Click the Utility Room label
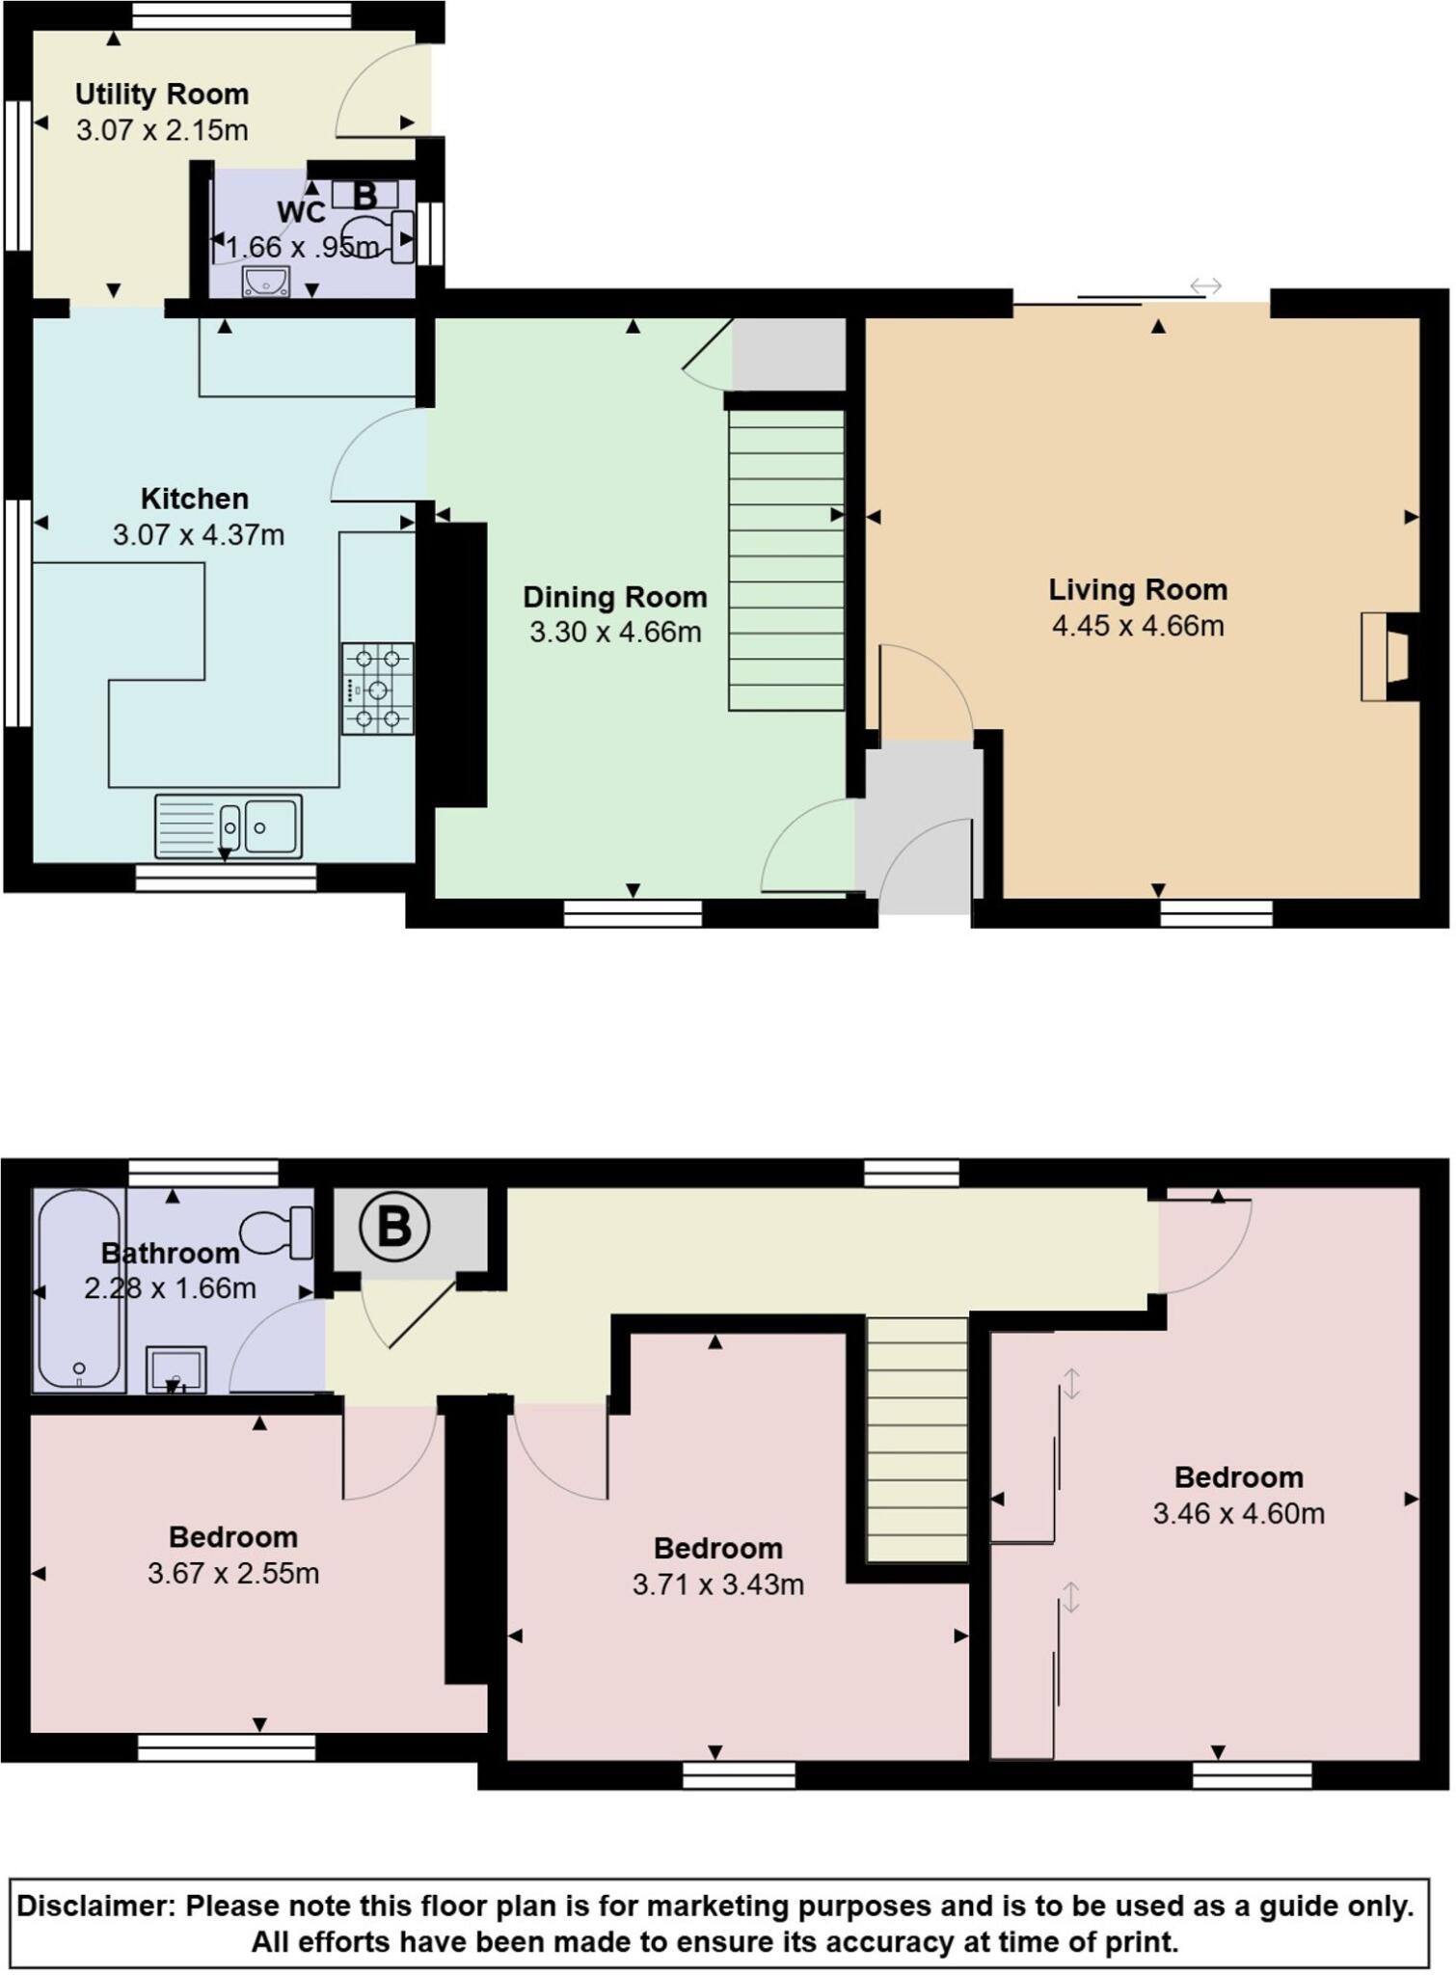tap(162, 95)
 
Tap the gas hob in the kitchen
tap(377, 689)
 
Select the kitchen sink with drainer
tap(228, 826)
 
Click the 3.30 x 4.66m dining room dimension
tap(614, 633)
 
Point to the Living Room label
tap(1138, 589)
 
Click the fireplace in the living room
tap(1389, 657)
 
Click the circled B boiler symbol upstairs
tap(393, 1228)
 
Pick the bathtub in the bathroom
tap(79, 1290)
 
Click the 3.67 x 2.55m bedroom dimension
tap(233, 1573)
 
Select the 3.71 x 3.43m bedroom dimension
tap(718, 1584)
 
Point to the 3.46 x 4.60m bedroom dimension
tap(1238, 1513)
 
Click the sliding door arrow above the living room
tap(1205, 286)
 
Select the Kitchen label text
tap(195, 499)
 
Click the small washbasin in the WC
tap(265, 281)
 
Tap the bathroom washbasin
tap(175, 1369)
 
